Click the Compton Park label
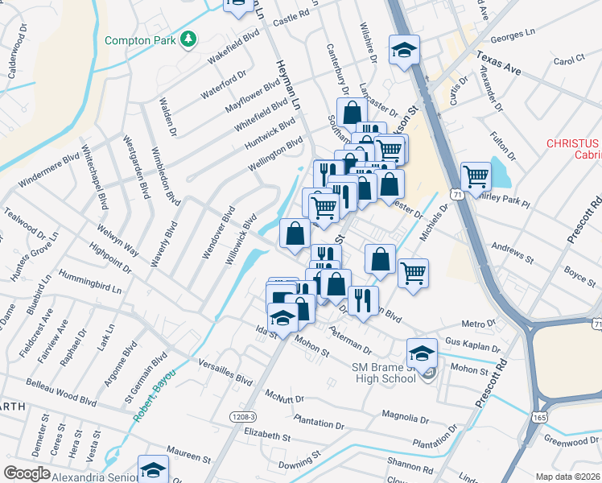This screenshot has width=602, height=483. click(x=139, y=39)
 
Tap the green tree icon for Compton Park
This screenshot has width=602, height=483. click(x=188, y=39)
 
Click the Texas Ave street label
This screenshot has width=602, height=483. click(x=498, y=64)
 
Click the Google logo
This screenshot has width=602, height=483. click(x=27, y=473)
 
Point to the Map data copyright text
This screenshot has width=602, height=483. click(x=568, y=476)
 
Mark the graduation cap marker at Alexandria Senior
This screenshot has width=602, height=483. click(x=152, y=469)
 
